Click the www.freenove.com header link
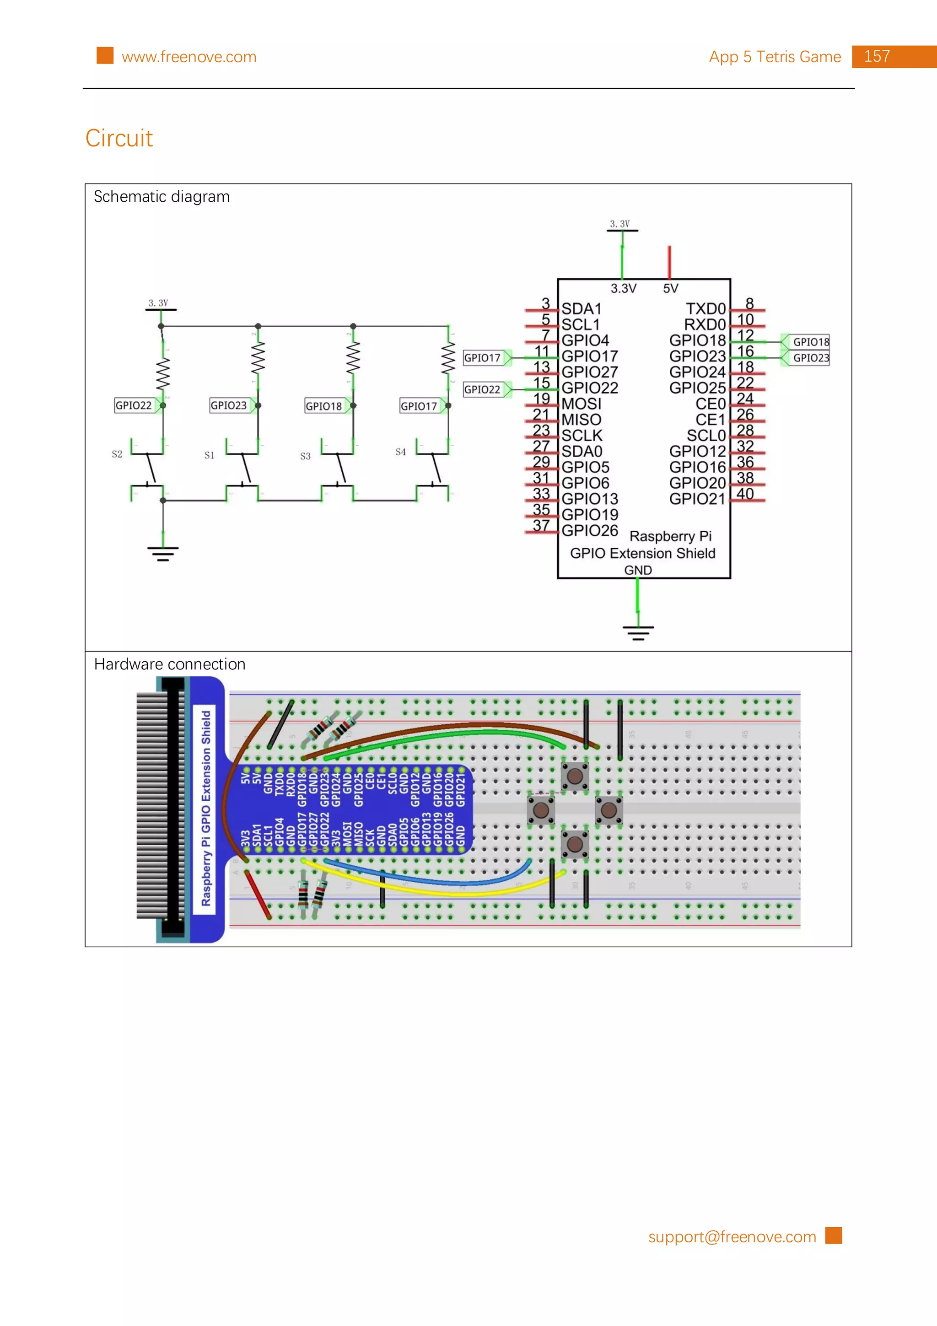pyautogui.click(x=189, y=57)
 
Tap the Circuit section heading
pyautogui.click(x=119, y=139)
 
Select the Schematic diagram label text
pyautogui.click(x=162, y=197)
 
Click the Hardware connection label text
pyautogui.click(x=170, y=665)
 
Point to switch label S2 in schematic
pyautogui.click(x=117, y=454)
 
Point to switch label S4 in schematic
pyautogui.click(x=401, y=452)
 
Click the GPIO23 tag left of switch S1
pyautogui.click(x=229, y=405)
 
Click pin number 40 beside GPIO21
pyautogui.click(x=745, y=494)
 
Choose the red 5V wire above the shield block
pyautogui.click(x=669, y=262)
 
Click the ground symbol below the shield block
pyautogui.click(x=638, y=632)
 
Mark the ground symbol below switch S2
pyautogui.click(x=163, y=553)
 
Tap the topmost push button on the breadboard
pyautogui.click(x=575, y=776)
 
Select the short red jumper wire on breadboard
pyautogui.click(x=258, y=895)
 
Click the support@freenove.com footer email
pyautogui.click(x=732, y=1237)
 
